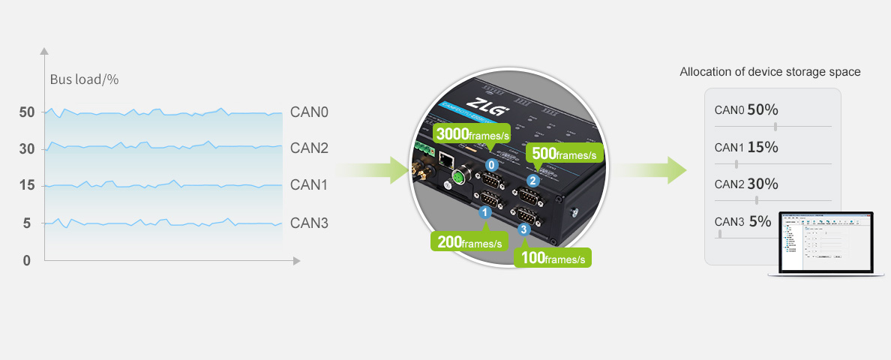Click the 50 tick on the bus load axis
(x=27, y=112)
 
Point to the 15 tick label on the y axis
(x=27, y=185)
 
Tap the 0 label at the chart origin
(x=27, y=260)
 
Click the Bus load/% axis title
(x=84, y=79)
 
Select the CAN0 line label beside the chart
(x=309, y=112)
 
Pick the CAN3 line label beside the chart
(x=309, y=223)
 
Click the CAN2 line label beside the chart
(x=309, y=148)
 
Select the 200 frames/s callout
(x=469, y=242)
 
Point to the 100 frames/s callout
(x=553, y=258)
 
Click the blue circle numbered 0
(x=491, y=163)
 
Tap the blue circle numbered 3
(x=523, y=229)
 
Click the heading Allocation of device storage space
(x=769, y=72)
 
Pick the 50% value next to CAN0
(x=763, y=109)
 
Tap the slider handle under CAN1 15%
(x=736, y=163)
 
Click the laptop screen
(x=827, y=242)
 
